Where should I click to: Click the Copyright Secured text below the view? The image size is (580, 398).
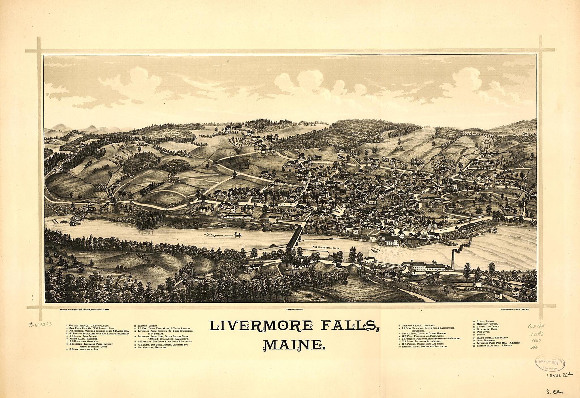295,310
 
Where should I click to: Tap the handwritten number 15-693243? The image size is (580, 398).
40,324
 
